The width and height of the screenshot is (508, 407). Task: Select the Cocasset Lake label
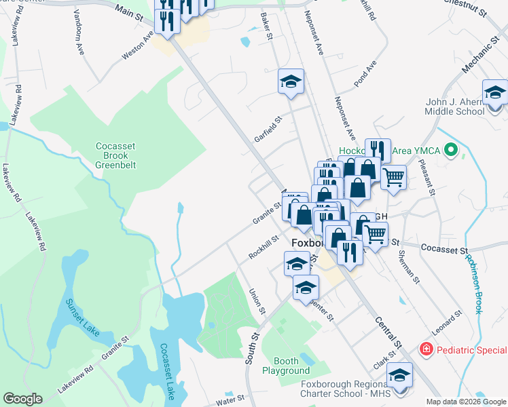tap(166, 370)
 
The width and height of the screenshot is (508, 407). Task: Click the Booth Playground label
tap(286, 366)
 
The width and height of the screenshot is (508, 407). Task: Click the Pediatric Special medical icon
tap(427, 349)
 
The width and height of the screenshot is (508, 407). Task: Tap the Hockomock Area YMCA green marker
tap(449, 151)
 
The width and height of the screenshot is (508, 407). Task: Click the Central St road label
tap(388, 334)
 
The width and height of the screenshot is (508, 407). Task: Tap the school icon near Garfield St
tap(291, 83)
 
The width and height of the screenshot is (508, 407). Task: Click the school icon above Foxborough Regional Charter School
tap(400, 376)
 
